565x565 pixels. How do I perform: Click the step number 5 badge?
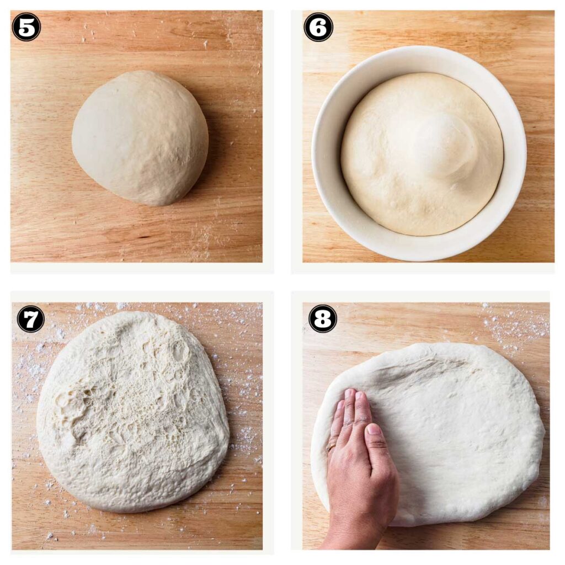(26, 26)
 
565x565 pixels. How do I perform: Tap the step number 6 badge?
(318, 26)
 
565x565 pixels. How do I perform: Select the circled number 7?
(30, 319)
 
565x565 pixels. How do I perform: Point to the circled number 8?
(323, 319)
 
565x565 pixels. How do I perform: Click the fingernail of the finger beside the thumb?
(361, 396)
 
